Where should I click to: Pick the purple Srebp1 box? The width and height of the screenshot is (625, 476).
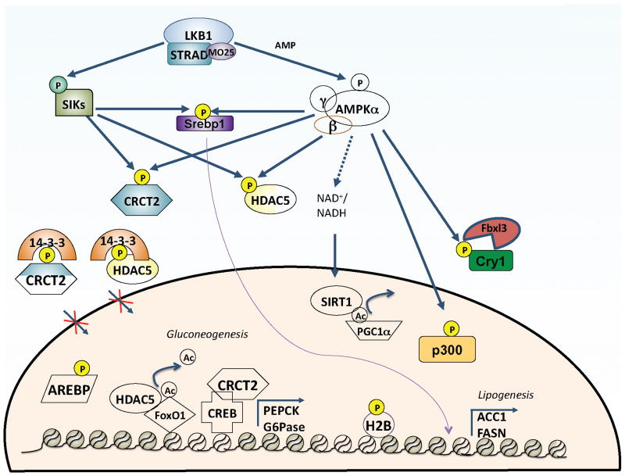click(204, 124)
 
